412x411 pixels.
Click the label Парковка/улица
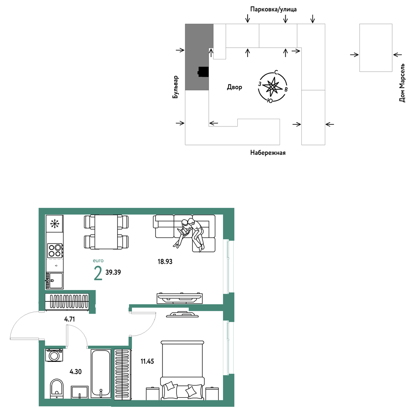(x=273, y=10)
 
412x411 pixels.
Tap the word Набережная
(x=268, y=153)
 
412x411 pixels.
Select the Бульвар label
(x=175, y=87)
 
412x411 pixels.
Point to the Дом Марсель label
(x=402, y=83)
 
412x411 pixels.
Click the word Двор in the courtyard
(x=234, y=87)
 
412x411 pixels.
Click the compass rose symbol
(x=273, y=86)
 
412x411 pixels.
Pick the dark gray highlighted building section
(x=199, y=57)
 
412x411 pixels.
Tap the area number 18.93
(x=165, y=261)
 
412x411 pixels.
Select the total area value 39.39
(x=113, y=272)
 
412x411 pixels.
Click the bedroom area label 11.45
(x=147, y=361)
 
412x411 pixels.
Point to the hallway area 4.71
(x=70, y=319)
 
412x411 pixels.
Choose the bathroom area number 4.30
(x=75, y=371)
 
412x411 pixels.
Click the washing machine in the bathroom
(x=54, y=355)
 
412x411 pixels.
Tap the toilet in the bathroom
(x=57, y=389)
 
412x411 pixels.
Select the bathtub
(x=101, y=373)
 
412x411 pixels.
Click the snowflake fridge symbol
(x=55, y=224)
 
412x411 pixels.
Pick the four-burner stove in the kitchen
(x=55, y=250)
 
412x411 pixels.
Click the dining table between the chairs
(x=106, y=232)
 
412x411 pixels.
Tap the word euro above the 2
(x=98, y=261)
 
